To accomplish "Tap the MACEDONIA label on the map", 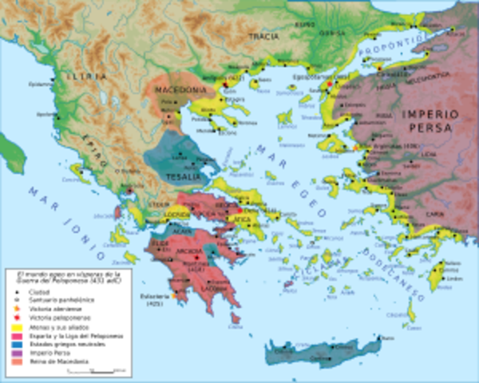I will click(x=173, y=91).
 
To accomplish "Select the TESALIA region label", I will click(x=178, y=175).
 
